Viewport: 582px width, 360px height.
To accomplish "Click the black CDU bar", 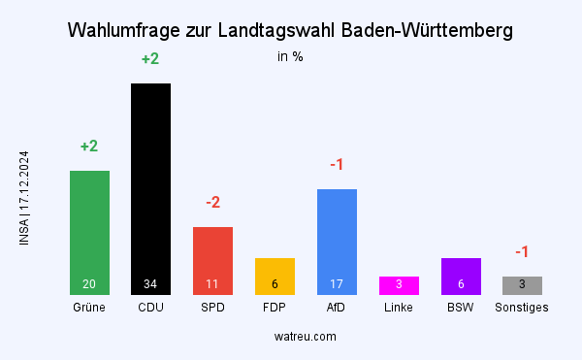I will pyautogui.click(x=150, y=184).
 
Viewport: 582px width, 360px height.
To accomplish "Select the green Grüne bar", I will pyautogui.click(x=89, y=228).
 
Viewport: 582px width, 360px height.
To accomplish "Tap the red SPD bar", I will pyautogui.click(x=212, y=257).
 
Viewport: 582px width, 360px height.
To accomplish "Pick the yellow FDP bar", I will pyautogui.click(x=275, y=275).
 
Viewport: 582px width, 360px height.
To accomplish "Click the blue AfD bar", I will pyautogui.click(x=337, y=238).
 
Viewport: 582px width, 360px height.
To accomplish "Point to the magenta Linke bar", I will pyautogui.click(x=399, y=285).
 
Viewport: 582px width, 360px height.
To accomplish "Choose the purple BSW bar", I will pyautogui.click(x=461, y=275).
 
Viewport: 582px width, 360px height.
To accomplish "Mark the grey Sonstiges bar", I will pyautogui.click(x=522, y=285).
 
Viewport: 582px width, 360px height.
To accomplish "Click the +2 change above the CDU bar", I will pyautogui.click(x=150, y=59).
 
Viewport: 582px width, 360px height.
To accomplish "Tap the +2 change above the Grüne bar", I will pyautogui.click(x=89, y=147).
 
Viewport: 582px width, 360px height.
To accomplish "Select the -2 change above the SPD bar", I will pyautogui.click(x=212, y=203).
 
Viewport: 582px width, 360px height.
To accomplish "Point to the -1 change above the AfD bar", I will pyautogui.click(x=337, y=165).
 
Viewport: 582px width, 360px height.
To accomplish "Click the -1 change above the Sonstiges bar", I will pyautogui.click(x=522, y=252).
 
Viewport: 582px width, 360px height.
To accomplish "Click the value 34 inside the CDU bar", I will pyautogui.click(x=150, y=284).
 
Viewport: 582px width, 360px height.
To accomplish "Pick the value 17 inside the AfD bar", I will pyautogui.click(x=337, y=284).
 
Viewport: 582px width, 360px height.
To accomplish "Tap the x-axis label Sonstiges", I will pyautogui.click(x=522, y=308).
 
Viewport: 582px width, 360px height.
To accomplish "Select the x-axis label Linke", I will pyautogui.click(x=399, y=308).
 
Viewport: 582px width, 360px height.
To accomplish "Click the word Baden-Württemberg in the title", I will pyautogui.click(x=428, y=31).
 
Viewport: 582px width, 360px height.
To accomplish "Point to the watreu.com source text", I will pyautogui.click(x=306, y=336).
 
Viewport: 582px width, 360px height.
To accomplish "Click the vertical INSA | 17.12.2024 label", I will pyautogui.click(x=24, y=198).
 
